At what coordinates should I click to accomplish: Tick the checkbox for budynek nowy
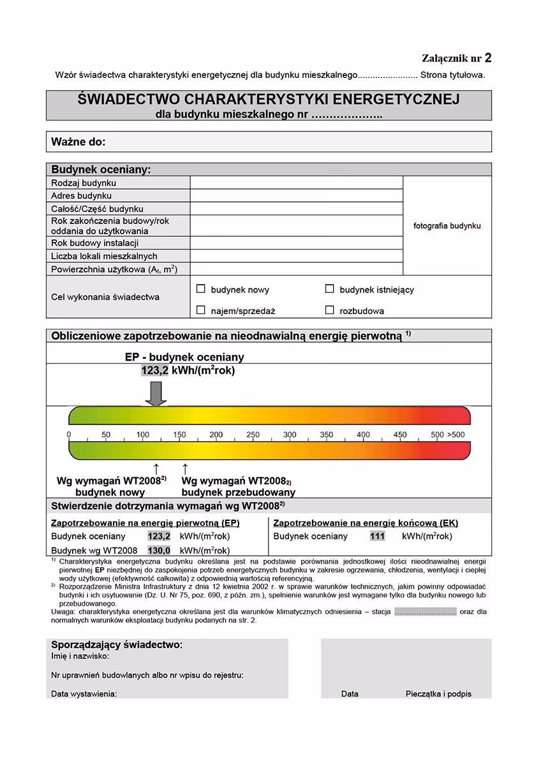pos(200,289)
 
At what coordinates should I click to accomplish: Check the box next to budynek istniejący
pos(329,289)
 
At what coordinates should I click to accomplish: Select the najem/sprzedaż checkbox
pos(200,310)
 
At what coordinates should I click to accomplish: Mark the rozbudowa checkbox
pos(329,310)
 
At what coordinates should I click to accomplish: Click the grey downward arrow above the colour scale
pos(156,393)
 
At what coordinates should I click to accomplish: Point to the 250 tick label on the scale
pos(253,435)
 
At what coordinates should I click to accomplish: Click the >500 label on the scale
pos(456,435)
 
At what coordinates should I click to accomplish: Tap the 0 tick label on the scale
pos(69,435)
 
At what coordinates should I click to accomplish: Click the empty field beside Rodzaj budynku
pos(296,183)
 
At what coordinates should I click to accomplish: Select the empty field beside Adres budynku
pos(296,195)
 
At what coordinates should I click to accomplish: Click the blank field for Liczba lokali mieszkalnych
pos(296,256)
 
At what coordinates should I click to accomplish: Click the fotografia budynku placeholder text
pos(447,225)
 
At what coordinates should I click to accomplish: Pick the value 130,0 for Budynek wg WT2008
pos(159,550)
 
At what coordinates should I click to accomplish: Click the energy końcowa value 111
pos(377,536)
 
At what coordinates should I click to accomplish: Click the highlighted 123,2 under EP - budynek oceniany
pos(154,370)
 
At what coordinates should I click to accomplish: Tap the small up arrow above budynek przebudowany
pos(186,469)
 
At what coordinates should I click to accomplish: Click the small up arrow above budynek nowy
pos(156,469)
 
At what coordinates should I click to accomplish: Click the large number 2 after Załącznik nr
pos(488,58)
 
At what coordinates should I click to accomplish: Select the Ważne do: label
pos(78,142)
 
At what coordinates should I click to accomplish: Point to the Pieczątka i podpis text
pos(438,694)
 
